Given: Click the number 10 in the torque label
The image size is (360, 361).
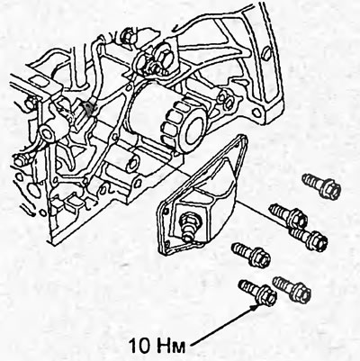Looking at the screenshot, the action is point(139,345).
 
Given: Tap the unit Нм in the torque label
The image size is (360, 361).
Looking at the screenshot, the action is point(171,346).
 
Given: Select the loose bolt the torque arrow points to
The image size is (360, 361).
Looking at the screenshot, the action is point(257,293).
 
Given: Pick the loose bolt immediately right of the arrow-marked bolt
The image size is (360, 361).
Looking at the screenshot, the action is point(292,289).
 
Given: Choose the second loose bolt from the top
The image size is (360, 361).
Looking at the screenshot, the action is point(288,216).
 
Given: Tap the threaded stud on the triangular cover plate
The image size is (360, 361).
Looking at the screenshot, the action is point(188,227).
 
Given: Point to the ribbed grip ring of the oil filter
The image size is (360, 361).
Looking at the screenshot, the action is point(174,124).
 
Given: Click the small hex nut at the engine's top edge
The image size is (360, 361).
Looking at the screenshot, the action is point(127,37).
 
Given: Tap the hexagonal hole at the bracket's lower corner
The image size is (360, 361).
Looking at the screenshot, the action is point(256,113).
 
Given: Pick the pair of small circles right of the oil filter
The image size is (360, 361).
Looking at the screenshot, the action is point(226,101).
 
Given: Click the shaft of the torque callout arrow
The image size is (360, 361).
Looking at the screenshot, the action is point(222,326).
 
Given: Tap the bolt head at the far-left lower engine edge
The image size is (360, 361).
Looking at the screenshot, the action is point(19,161).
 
